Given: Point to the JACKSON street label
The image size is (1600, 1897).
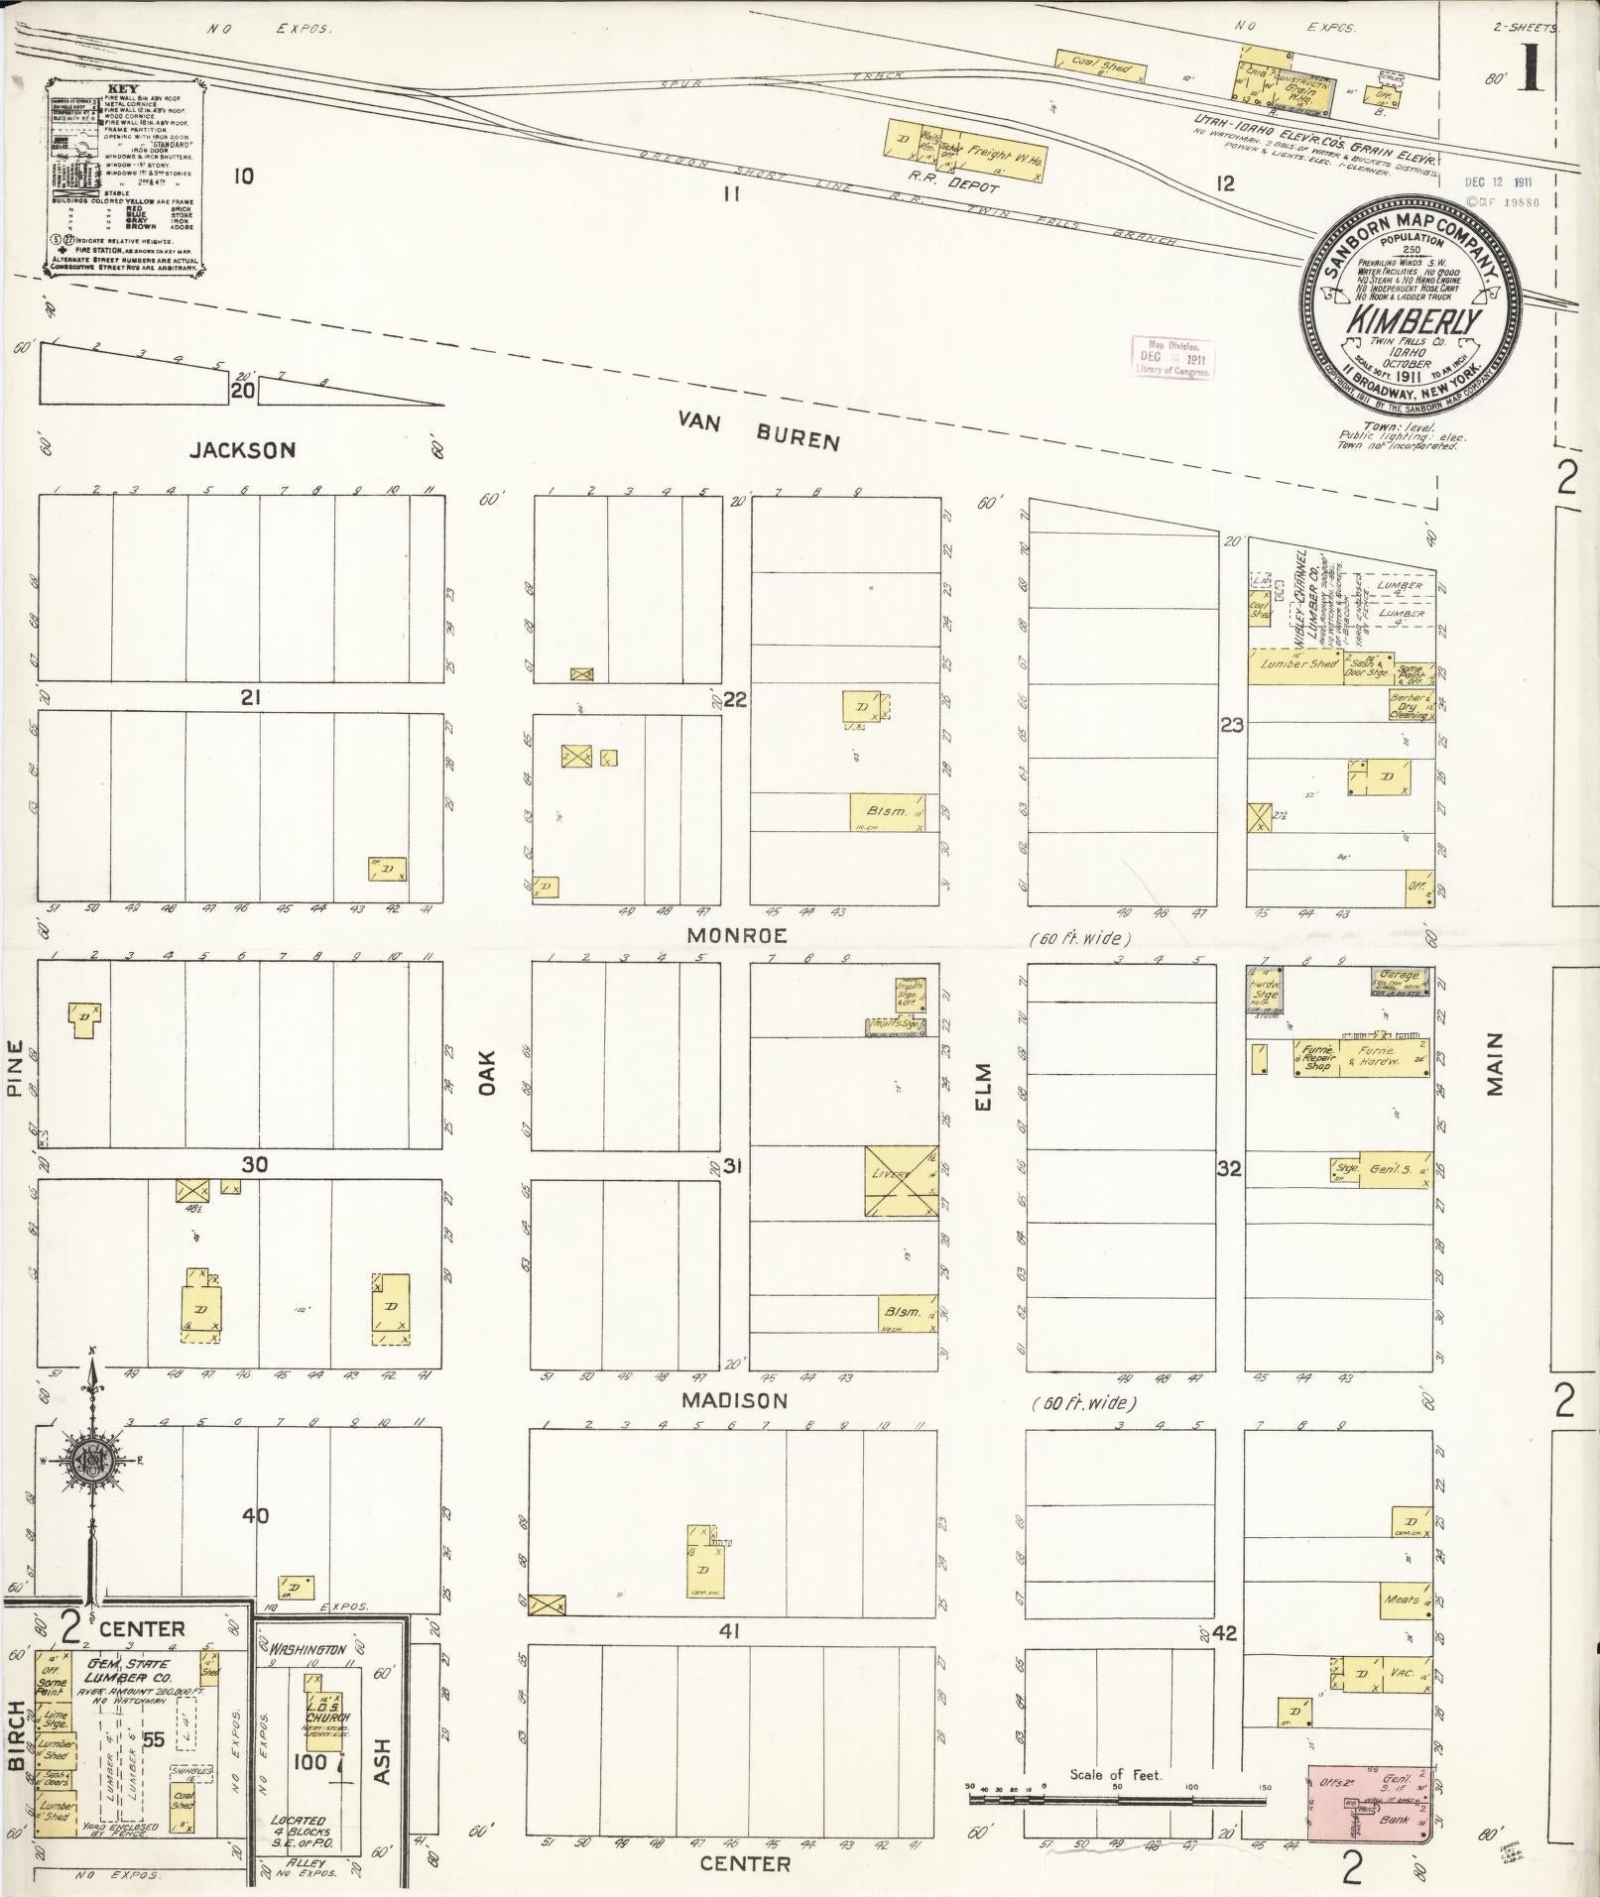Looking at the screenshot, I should pyautogui.click(x=243, y=450).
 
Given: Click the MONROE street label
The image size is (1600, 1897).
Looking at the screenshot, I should pyautogui.click(x=737, y=935).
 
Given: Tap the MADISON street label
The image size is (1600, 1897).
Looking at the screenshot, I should pyautogui.click(x=735, y=1401).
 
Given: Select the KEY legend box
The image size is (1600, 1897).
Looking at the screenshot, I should pyautogui.click(x=123, y=179).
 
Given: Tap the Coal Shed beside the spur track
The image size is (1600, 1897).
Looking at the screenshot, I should pyautogui.click(x=1102, y=64).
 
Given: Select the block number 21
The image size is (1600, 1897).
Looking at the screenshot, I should pyautogui.click(x=250, y=698).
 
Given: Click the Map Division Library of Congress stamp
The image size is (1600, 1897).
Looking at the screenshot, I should pyautogui.click(x=1171, y=358).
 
